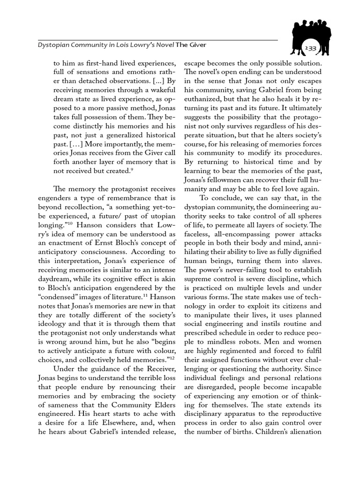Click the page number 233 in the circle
310,49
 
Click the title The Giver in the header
191,45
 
